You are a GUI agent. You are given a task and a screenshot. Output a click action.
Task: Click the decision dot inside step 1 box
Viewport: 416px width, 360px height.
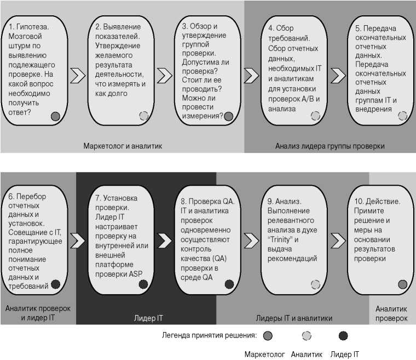[x=55, y=116]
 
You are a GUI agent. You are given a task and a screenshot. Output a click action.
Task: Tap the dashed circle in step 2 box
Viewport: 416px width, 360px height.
[x=143, y=116]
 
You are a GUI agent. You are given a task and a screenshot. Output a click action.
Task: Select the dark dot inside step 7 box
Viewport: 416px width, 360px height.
[x=143, y=284]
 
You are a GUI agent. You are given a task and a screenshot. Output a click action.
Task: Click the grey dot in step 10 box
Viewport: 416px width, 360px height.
[x=402, y=284]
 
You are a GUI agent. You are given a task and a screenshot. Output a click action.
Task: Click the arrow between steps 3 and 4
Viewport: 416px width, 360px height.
[x=251, y=75]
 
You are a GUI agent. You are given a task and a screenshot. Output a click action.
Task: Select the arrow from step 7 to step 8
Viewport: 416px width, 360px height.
[x=165, y=240]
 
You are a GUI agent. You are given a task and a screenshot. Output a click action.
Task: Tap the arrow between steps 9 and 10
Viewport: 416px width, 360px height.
[x=338, y=240]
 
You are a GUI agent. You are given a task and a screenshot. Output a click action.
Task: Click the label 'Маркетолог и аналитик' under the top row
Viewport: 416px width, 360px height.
[x=123, y=146]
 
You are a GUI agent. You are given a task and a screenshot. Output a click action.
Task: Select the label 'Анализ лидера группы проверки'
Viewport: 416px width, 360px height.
[x=330, y=146]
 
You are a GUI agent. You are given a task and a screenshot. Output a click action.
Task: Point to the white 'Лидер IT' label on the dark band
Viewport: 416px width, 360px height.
[x=148, y=318]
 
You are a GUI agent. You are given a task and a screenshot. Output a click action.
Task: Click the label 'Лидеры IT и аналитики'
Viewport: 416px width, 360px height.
[x=294, y=318]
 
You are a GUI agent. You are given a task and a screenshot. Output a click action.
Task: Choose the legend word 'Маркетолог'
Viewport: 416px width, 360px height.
[x=264, y=354]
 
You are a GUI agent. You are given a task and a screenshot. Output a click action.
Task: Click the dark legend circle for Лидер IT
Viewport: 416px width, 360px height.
[x=343, y=335]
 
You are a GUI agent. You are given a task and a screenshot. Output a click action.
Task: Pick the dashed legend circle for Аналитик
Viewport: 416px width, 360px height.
[x=307, y=335]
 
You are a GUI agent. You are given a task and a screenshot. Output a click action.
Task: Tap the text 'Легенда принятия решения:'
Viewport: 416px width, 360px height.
[x=210, y=335]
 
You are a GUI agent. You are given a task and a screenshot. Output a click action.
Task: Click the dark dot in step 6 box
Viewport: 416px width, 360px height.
[x=55, y=284]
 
